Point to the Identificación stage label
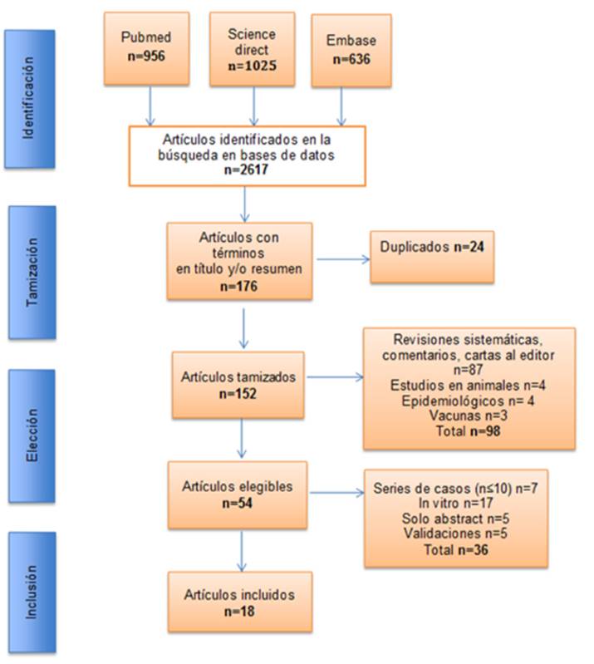pos(29,96)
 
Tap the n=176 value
pos(239,284)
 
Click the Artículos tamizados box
pos(238,384)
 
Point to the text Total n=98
pos(469,432)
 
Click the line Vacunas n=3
pos(469,418)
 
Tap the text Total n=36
pos(456,550)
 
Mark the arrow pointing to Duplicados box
pos(341,258)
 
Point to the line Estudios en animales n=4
pos(469,387)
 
